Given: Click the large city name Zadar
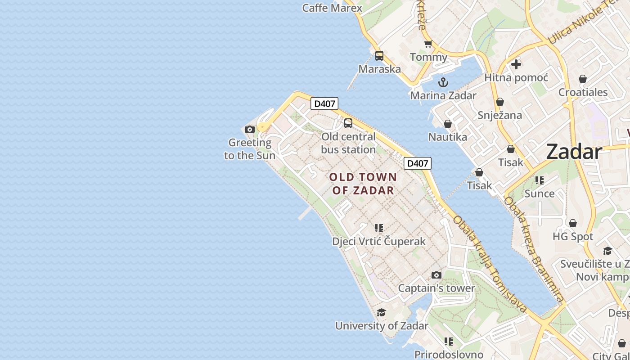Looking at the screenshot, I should (x=574, y=152).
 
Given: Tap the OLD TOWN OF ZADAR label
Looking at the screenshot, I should (x=363, y=184).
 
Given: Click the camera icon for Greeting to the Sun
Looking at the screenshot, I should (x=250, y=130).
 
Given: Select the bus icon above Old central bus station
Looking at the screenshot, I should (x=348, y=123).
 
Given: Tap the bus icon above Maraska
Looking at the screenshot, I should (x=379, y=56).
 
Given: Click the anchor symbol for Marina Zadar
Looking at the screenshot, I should (x=443, y=82).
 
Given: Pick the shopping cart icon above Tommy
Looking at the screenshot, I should (x=428, y=44).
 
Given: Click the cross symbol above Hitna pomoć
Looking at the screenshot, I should (x=516, y=64).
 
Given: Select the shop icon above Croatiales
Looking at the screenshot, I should (x=583, y=79).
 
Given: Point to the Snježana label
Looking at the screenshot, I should (x=500, y=115).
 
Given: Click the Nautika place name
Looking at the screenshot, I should (x=448, y=137).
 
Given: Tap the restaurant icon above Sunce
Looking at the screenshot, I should (x=539, y=180).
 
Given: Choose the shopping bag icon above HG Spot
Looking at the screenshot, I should (x=573, y=223).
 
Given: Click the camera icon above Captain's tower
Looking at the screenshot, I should (x=436, y=275).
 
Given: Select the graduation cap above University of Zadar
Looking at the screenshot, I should (x=381, y=312).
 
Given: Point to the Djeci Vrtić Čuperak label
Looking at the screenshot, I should (x=379, y=242).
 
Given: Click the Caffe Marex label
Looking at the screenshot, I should (x=332, y=8).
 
